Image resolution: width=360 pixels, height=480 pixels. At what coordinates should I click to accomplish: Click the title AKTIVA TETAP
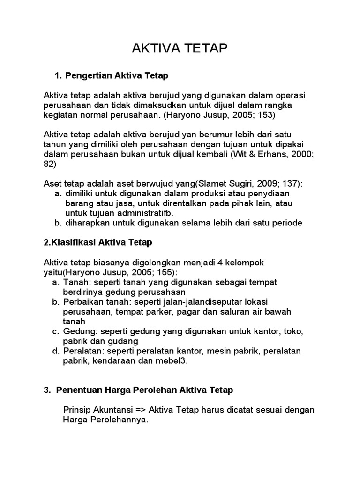point(180,49)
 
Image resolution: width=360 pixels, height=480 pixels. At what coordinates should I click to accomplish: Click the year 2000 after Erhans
point(300,155)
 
